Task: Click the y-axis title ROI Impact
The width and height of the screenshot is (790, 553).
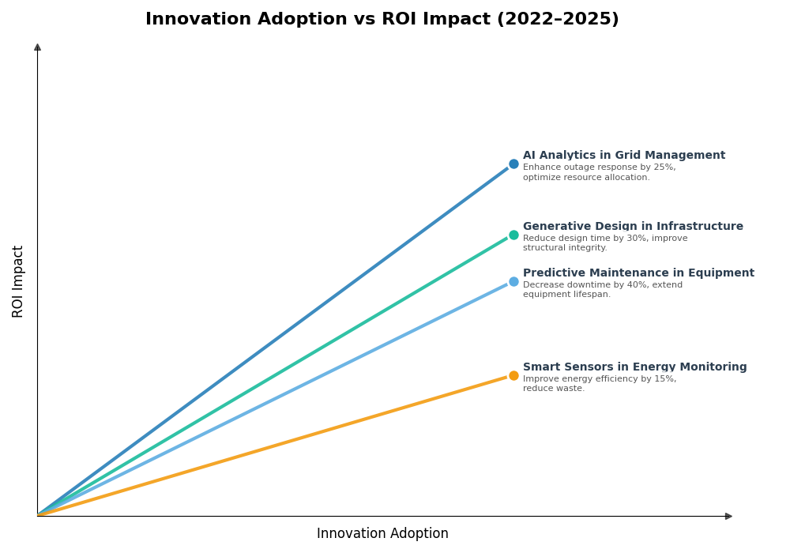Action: [x=18, y=281]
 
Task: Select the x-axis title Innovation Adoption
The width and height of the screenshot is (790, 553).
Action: [x=382, y=534]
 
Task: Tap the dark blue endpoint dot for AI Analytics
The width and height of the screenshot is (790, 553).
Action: [x=513, y=164]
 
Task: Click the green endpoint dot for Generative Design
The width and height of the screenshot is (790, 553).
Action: [x=513, y=235]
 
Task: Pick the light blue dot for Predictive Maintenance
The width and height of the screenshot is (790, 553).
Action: [x=513, y=282]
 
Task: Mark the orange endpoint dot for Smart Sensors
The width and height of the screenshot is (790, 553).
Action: [x=513, y=376]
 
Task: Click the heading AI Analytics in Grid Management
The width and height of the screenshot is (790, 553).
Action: [x=623, y=156]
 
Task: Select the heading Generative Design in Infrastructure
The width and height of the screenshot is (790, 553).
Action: [x=633, y=227]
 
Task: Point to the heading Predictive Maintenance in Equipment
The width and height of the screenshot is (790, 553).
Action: [x=638, y=273]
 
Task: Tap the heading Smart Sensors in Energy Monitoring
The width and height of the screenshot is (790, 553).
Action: [x=634, y=367]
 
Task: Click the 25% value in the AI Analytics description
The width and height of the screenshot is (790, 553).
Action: [x=664, y=167]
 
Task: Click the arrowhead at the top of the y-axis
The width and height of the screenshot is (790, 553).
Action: [x=37, y=47]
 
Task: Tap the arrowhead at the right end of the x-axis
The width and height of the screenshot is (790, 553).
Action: [x=728, y=516]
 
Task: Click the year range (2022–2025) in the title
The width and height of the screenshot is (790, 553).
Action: [x=557, y=20]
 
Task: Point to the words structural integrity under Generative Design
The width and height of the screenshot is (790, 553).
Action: [x=564, y=248]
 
